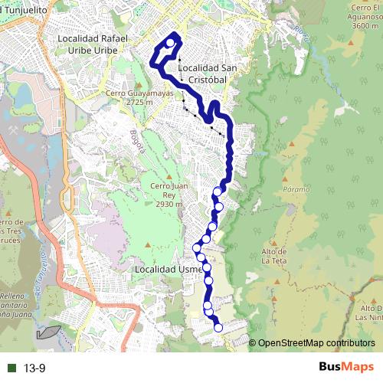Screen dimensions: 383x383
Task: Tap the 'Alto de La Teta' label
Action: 274,256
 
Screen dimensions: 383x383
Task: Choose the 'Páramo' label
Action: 295,188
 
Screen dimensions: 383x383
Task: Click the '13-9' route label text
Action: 34,368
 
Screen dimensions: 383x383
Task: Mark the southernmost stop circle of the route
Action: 218,328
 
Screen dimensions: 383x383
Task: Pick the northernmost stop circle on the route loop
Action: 169,43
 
